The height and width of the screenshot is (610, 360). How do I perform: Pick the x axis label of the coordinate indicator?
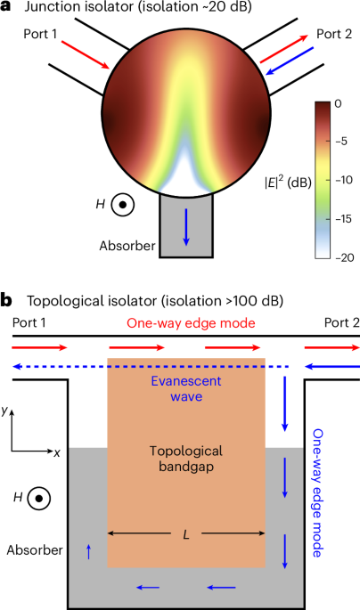[56, 452]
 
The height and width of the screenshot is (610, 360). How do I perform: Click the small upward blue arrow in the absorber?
[88, 553]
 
